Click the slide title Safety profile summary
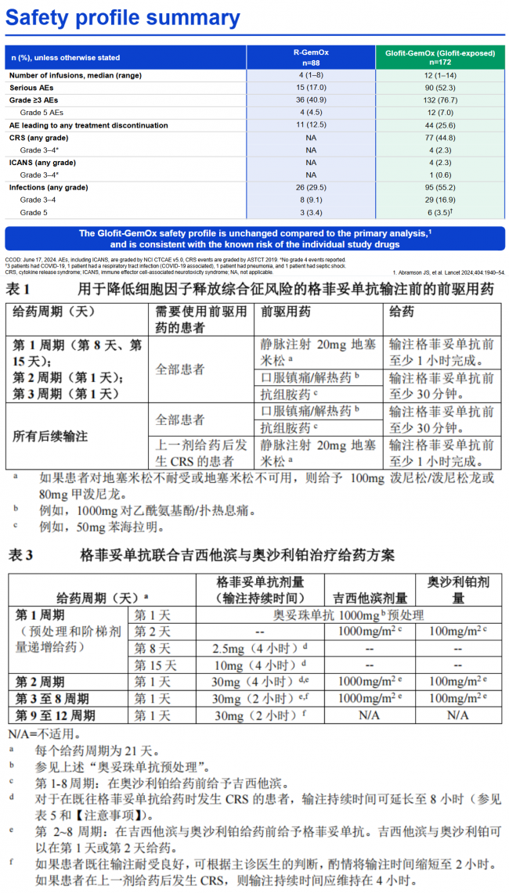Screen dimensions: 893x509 click(123, 18)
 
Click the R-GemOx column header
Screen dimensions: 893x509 click(311, 56)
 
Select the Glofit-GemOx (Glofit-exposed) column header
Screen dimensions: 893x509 click(440, 56)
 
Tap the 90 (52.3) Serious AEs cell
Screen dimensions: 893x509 click(440, 88)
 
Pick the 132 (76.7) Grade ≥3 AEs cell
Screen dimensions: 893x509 click(440, 100)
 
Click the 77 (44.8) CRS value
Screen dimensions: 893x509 click(440, 138)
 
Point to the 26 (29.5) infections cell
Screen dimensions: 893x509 click(311, 188)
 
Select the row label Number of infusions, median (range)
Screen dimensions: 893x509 click(75, 75)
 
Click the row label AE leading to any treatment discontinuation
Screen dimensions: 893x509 click(89, 125)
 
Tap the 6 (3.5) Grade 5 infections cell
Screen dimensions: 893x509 click(440, 213)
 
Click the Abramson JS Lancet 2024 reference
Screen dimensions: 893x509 click(448, 272)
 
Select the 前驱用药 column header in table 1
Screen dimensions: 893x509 click(287, 311)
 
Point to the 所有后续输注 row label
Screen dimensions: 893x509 click(49, 437)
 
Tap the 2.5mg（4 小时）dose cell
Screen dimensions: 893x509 click(259, 648)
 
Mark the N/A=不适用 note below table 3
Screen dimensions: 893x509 click(43, 733)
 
